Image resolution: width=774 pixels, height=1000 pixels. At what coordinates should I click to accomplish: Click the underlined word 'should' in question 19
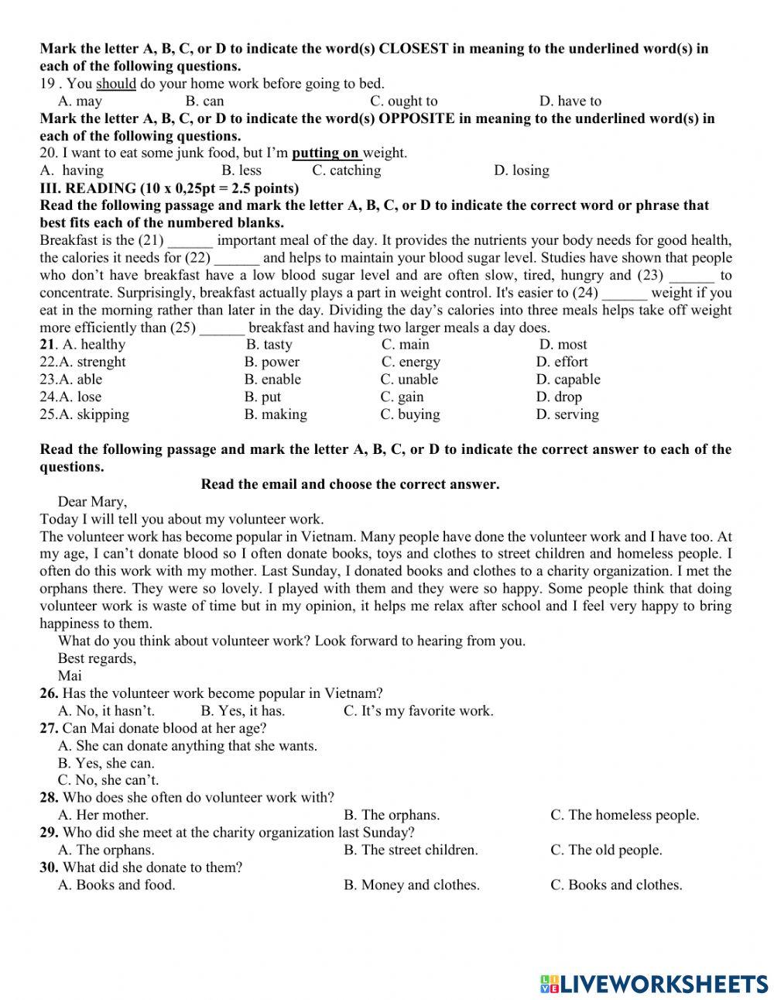point(115,84)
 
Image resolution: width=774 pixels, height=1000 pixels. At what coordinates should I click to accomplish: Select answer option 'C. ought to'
point(403,101)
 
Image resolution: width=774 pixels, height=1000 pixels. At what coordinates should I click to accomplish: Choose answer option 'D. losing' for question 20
point(521,170)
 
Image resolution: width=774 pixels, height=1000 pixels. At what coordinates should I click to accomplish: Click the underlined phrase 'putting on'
point(326,153)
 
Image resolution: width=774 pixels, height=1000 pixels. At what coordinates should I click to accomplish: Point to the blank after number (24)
point(624,293)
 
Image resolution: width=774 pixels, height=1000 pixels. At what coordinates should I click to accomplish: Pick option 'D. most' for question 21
point(563,345)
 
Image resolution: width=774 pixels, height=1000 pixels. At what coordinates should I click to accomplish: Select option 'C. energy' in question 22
point(410,363)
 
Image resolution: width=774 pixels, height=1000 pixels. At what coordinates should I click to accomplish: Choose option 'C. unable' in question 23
point(409,380)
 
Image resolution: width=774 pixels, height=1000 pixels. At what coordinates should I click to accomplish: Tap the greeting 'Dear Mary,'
point(92,502)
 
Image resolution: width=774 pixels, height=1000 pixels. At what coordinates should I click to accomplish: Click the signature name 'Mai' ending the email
point(70,675)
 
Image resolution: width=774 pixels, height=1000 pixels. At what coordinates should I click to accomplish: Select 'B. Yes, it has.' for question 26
point(242,711)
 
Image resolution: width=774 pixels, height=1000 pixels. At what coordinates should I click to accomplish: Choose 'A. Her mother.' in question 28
point(103,815)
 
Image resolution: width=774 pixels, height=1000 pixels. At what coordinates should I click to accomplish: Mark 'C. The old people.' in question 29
point(606,850)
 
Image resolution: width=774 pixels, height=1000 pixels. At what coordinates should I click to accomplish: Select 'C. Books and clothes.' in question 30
point(616,885)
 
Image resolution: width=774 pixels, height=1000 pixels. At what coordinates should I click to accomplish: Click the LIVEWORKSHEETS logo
point(654,983)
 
